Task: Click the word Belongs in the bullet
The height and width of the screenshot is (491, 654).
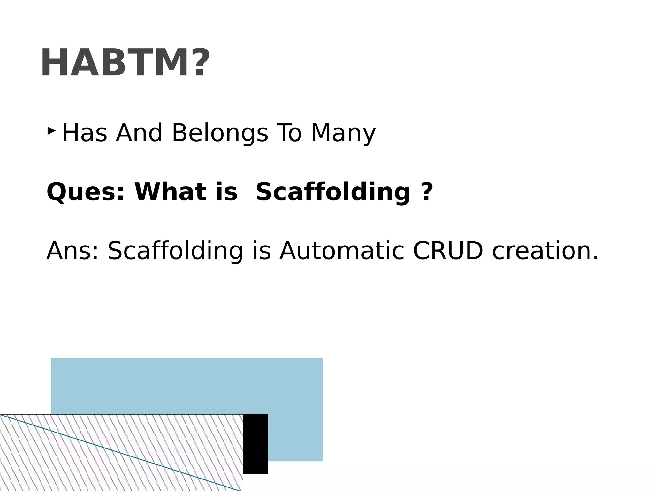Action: [x=220, y=133]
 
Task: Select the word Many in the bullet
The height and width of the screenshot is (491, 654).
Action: [x=343, y=133]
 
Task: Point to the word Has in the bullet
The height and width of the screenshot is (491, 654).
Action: [x=85, y=133]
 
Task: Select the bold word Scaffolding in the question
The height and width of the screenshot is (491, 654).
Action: [x=333, y=192]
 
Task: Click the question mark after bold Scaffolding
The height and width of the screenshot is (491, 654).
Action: [x=426, y=192]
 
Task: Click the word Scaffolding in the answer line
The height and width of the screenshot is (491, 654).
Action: [x=176, y=251]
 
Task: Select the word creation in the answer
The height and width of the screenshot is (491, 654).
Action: [x=545, y=251]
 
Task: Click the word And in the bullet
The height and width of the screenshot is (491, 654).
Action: [x=139, y=133]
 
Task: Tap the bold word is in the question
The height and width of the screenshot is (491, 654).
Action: [x=226, y=192]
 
